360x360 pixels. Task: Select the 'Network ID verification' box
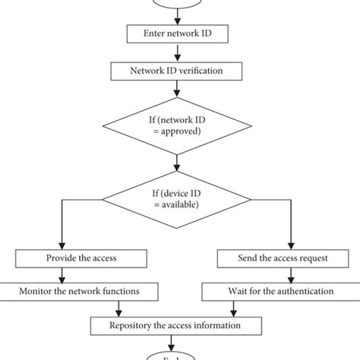click(177, 71)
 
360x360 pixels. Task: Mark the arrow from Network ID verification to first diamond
click(177, 89)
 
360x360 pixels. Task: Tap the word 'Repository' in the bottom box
click(134, 327)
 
